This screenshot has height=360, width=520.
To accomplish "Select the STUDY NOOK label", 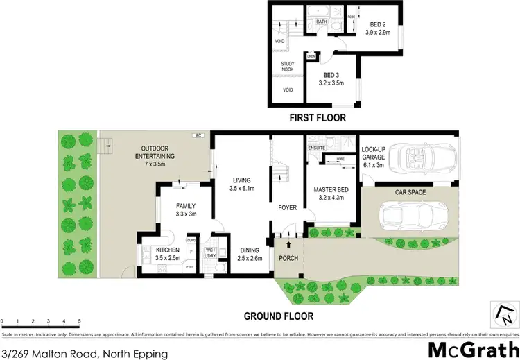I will pos(288,67).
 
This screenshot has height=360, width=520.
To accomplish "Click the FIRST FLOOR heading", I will pos(318,119).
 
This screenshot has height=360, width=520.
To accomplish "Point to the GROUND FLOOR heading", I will pos(278,316).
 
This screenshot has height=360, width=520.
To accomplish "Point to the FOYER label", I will pos(288,206).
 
